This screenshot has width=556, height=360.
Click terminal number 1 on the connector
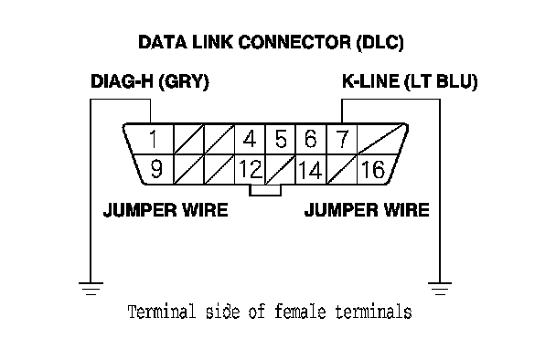pyautogui.click(x=154, y=139)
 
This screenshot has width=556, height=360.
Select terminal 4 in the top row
pyautogui.click(x=250, y=139)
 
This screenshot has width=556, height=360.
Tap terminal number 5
pyautogui.click(x=281, y=139)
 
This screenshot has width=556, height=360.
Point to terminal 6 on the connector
pyautogui.click(x=311, y=139)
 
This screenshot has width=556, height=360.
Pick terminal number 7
pyautogui.click(x=342, y=139)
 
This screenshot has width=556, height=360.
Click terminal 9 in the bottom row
pyautogui.click(x=156, y=169)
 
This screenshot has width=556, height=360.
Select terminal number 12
pyautogui.click(x=251, y=169)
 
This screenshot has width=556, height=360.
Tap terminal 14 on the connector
pyautogui.click(x=310, y=170)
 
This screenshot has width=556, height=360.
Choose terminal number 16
pyautogui.click(x=373, y=169)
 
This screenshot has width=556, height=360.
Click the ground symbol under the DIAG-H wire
pyautogui.click(x=91, y=289)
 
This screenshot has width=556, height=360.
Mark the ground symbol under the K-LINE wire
pyautogui.click(x=440, y=289)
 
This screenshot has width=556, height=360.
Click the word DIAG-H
pyautogui.click(x=122, y=81)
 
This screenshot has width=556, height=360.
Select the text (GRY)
pyautogui.click(x=184, y=82)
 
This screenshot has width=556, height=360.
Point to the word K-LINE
pyautogui.click(x=370, y=81)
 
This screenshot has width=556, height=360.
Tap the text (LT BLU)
pyautogui.click(x=441, y=82)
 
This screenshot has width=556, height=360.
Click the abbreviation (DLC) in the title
pyautogui.click(x=380, y=43)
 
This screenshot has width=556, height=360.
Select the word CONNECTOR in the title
pyautogui.click(x=294, y=42)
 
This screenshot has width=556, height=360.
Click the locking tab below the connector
pyautogui.click(x=265, y=190)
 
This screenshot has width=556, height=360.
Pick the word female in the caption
pyautogui.click(x=300, y=312)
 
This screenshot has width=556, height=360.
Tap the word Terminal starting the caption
pyautogui.click(x=162, y=312)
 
